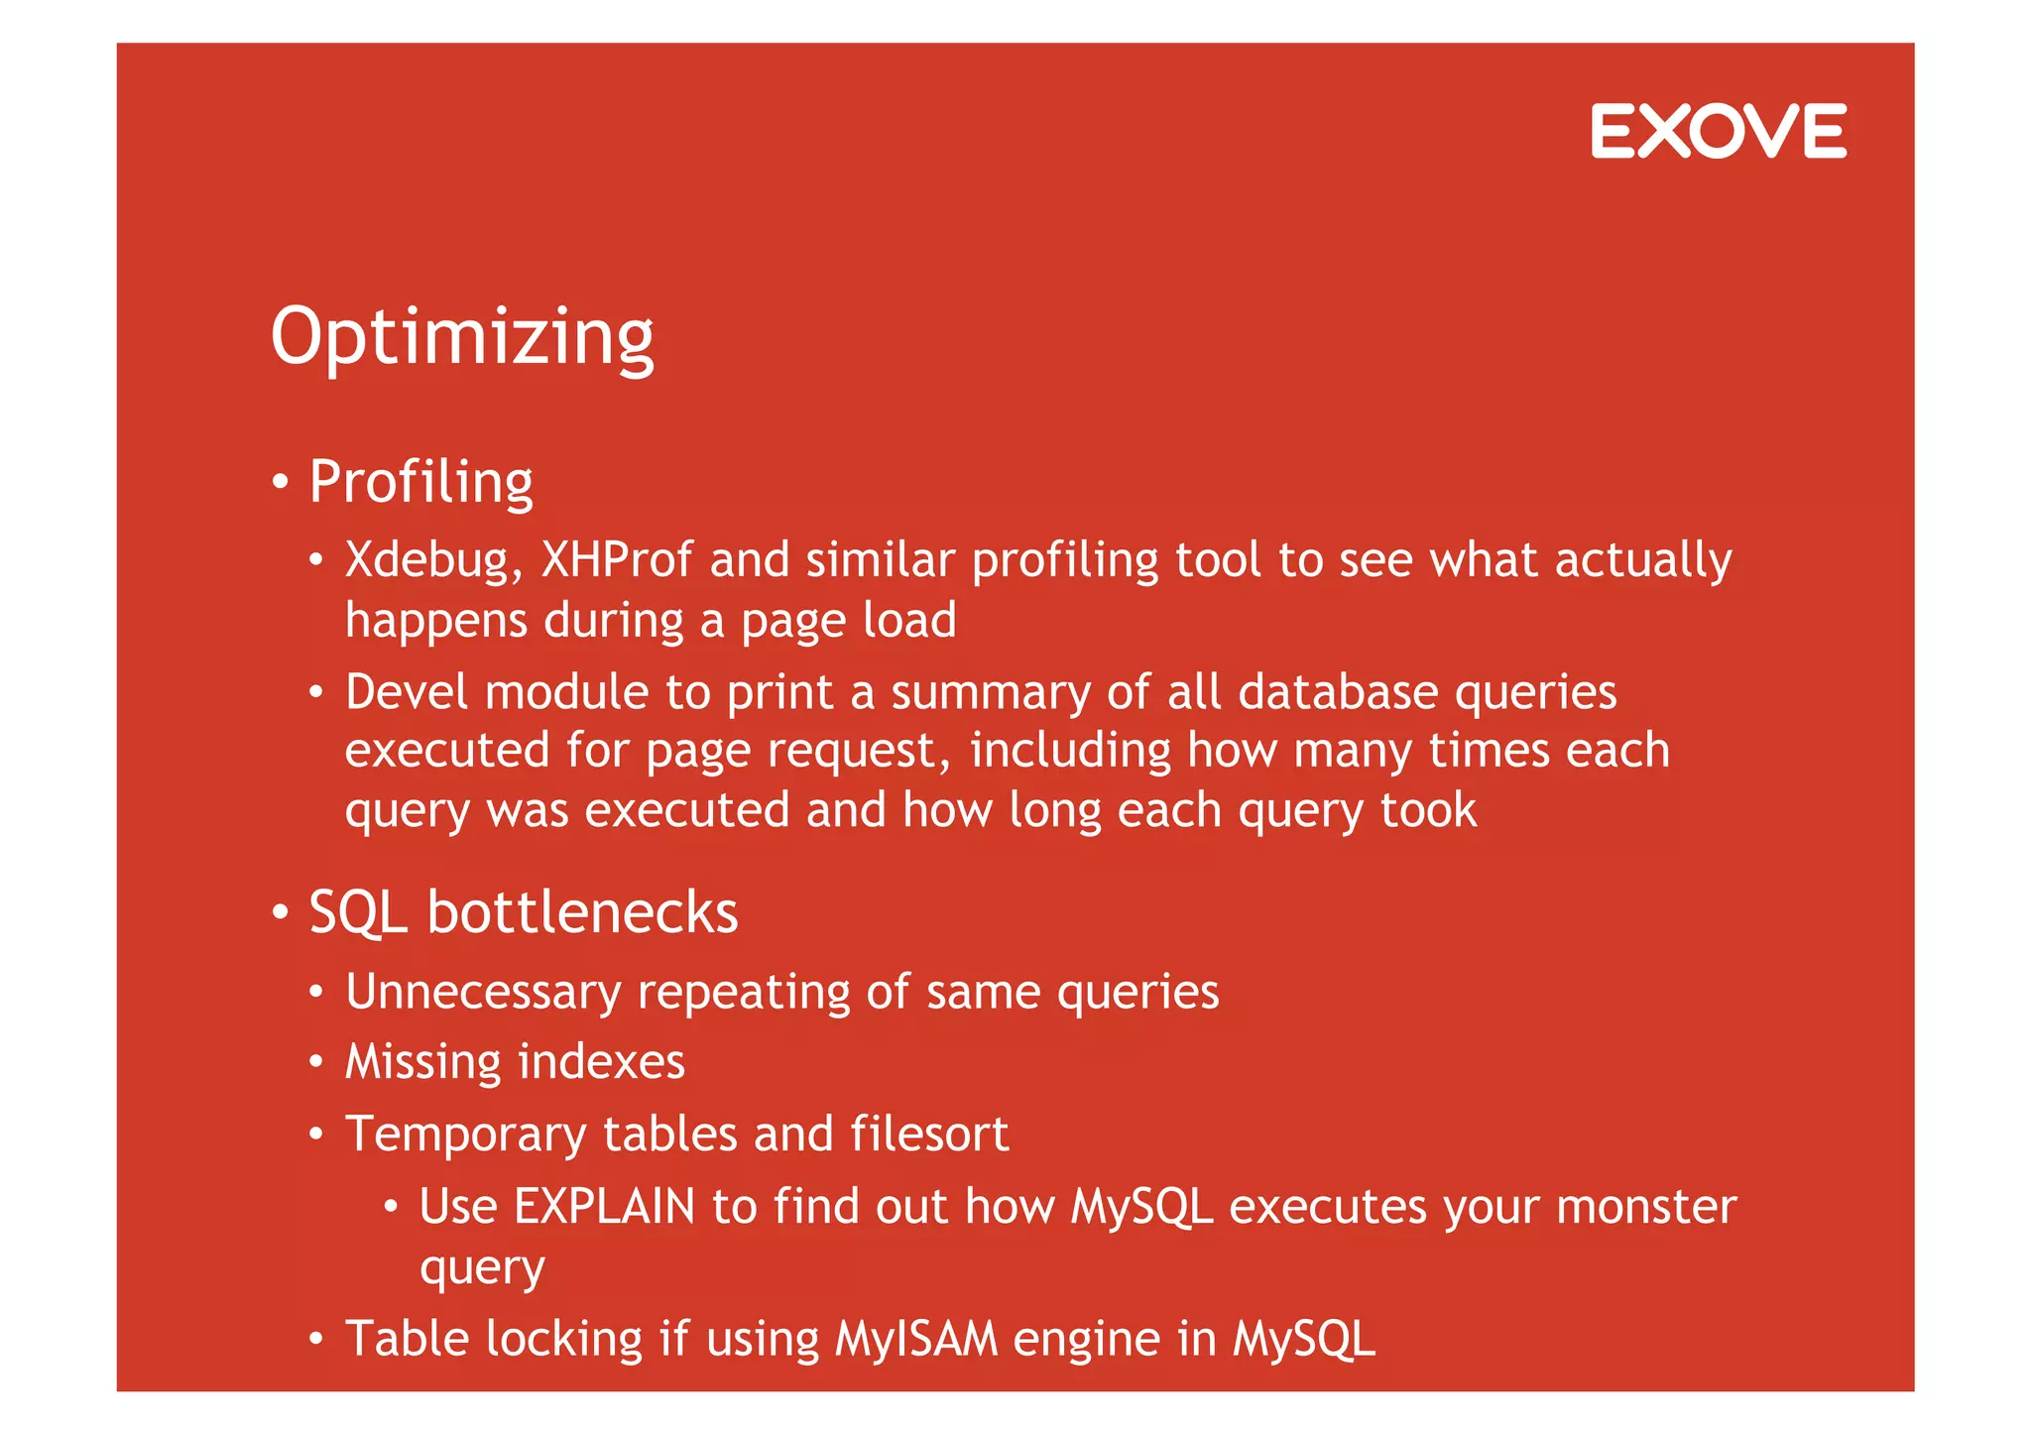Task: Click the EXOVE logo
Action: (x=1718, y=131)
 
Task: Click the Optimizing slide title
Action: (x=462, y=337)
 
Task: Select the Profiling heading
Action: (x=420, y=482)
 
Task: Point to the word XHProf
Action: (x=616, y=560)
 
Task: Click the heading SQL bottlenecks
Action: (x=523, y=912)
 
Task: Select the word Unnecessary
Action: (x=483, y=993)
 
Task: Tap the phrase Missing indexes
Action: (x=515, y=1062)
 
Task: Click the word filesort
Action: (x=929, y=1134)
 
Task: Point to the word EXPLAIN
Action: (x=604, y=1207)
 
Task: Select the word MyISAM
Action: (x=916, y=1339)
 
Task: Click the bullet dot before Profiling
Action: (x=281, y=483)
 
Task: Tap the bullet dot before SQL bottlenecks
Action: (x=281, y=912)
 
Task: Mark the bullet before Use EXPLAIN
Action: (x=391, y=1207)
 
